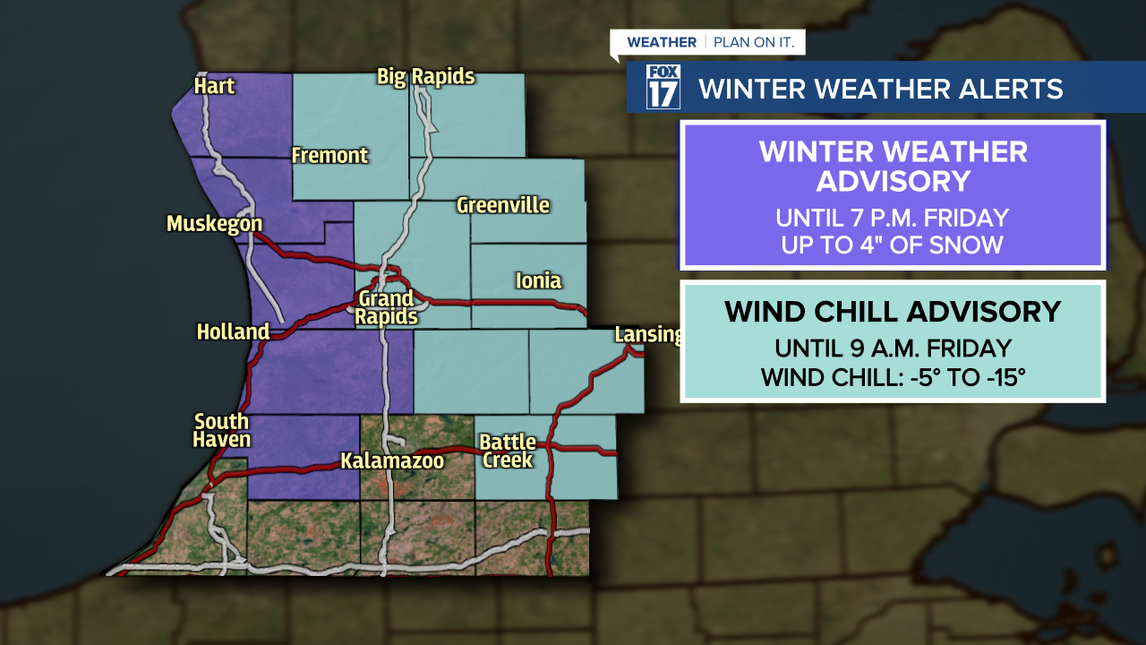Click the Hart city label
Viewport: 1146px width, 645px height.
point(214,86)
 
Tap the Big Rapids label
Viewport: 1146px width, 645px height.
point(425,77)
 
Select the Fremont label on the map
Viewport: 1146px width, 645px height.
point(329,156)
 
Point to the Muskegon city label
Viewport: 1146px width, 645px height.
point(214,224)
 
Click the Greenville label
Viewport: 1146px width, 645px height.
point(502,205)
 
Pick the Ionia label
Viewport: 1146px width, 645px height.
point(538,281)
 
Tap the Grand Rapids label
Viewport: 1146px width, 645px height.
point(387,307)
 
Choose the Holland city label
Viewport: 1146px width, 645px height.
point(233,332)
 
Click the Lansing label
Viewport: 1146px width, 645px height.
point(647,335)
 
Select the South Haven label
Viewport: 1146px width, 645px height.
point(222,431)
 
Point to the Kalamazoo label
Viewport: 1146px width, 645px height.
point(392,462)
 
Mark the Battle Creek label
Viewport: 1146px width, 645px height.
point(507,451)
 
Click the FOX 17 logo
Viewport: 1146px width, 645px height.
point(663,87)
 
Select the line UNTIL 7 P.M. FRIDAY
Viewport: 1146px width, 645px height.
point(892,218)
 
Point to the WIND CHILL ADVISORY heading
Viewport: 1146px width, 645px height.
point(893,312)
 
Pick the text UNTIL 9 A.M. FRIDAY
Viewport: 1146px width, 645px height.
point(893,348)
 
